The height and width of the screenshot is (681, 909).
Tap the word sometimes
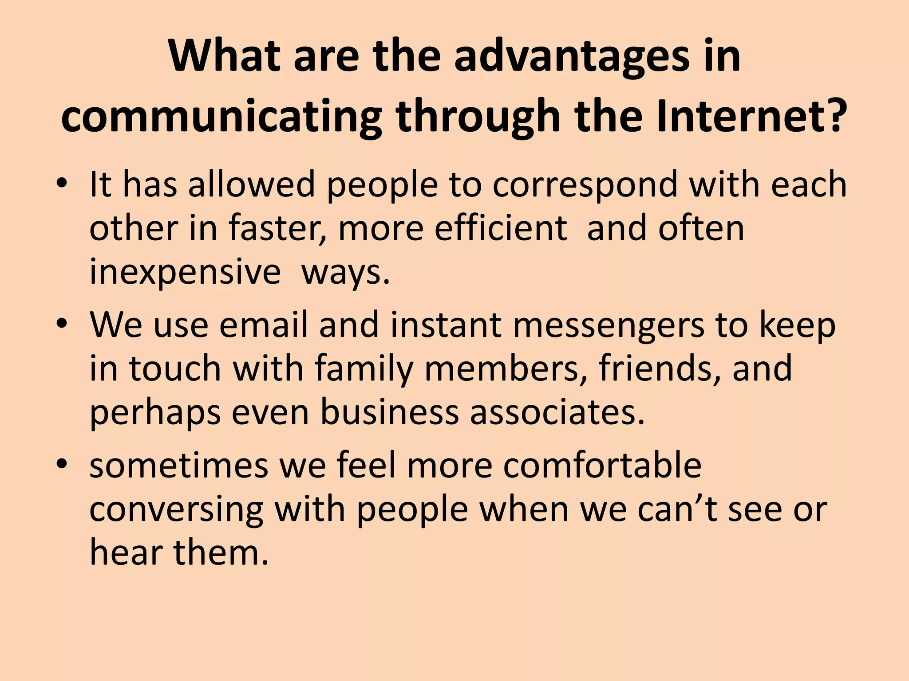179,466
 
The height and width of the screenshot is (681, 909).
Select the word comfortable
602,466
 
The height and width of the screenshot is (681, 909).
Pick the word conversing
176,510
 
